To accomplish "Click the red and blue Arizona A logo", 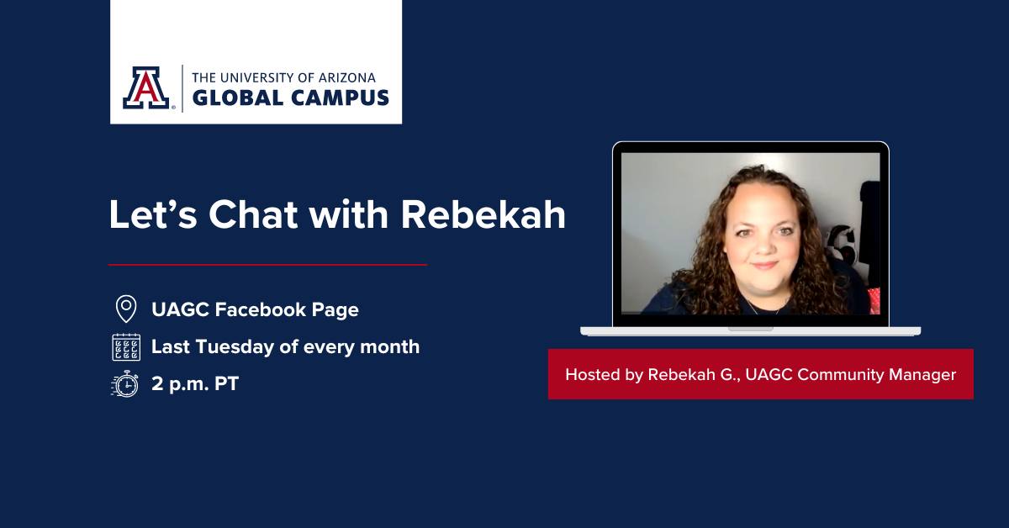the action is [146, 87].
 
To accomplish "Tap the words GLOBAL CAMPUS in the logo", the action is [291, 98].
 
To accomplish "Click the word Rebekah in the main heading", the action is [483, 214].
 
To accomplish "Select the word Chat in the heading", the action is [253, 214].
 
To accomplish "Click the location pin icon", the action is [126, 309].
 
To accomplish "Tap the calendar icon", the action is [126, 347].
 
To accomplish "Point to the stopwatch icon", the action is [125, 384].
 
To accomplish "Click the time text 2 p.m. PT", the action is [195, 384].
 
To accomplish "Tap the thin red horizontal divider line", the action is [267, 265].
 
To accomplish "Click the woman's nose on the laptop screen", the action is [764, 246].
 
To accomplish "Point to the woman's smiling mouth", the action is [764, 265].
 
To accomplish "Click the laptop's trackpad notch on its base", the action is [750, 330].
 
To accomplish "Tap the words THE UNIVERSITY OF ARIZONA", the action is [284, 78].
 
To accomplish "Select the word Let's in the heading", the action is [153, 214].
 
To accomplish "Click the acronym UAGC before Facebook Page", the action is [180, 309].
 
